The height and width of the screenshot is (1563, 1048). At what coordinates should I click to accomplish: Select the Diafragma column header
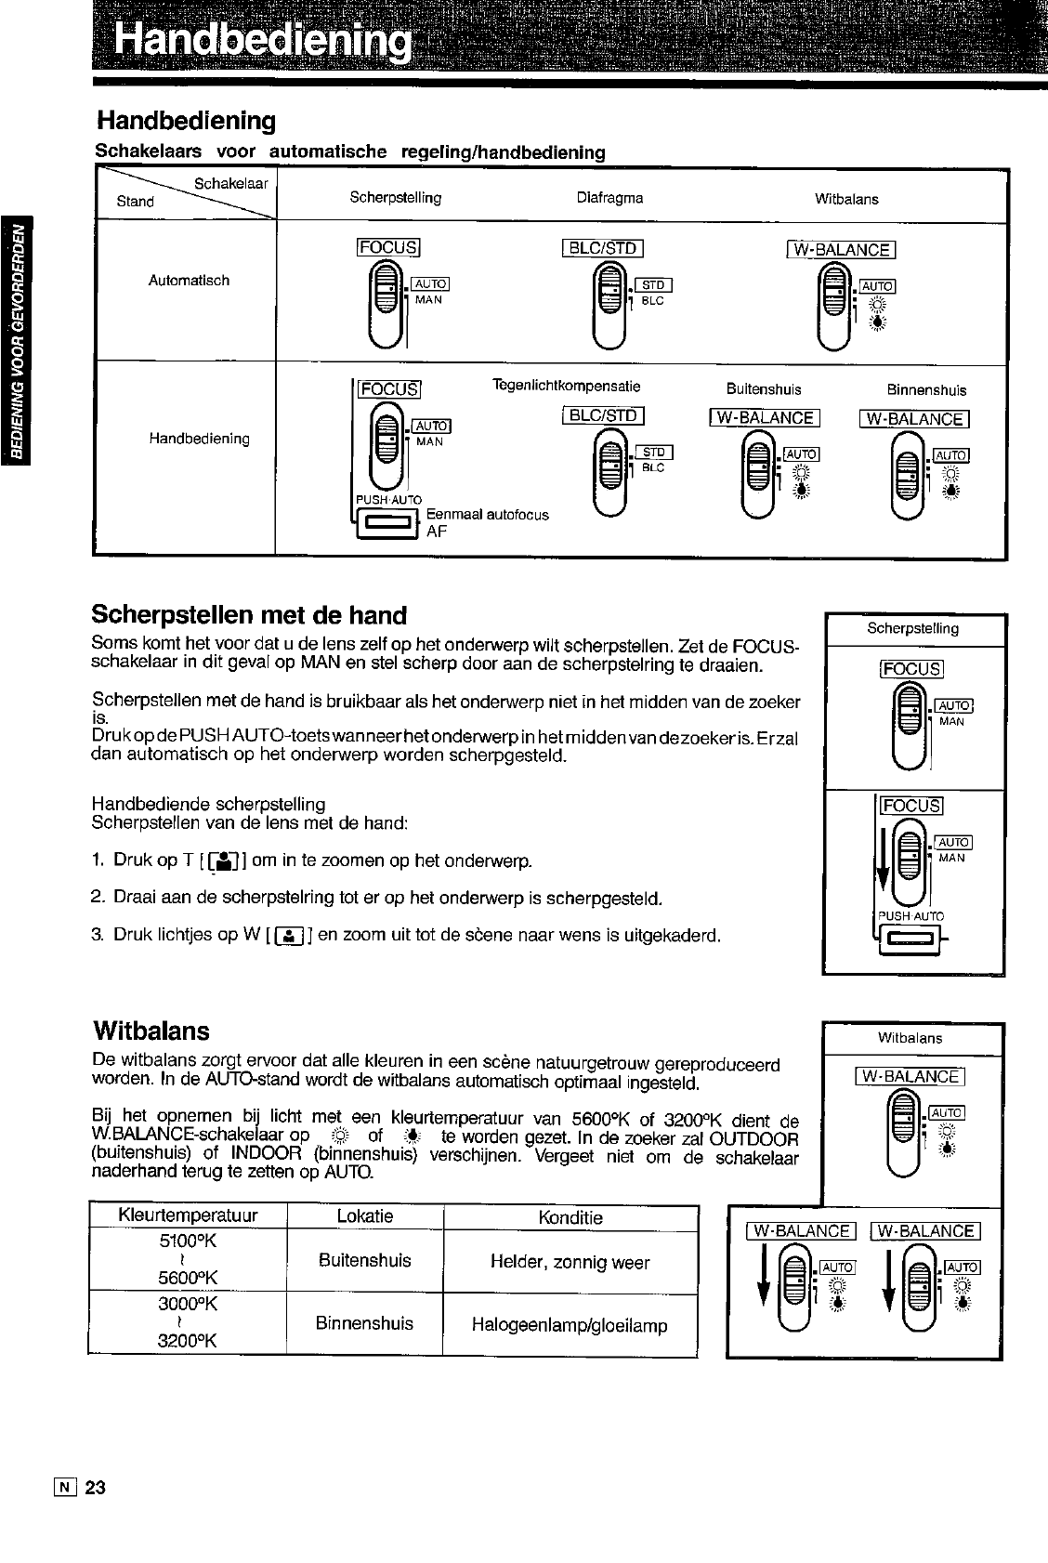[x=609, y=197]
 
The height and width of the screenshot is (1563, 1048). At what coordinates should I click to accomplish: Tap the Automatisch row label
[x=189, y=280]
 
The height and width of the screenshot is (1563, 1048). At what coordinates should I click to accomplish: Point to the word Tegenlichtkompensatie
[x=566, y=386]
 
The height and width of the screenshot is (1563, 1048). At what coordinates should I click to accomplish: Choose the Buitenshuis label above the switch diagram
[x=764, y=389]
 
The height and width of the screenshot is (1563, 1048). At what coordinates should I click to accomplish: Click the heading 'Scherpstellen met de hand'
[x=249, y=615]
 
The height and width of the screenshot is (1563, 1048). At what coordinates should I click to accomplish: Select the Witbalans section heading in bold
[x=151, y=1031]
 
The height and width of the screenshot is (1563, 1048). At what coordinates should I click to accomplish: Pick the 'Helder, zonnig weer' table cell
[x=570, y=1262]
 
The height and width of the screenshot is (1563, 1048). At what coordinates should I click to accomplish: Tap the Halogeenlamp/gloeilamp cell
[x=570, y=1325]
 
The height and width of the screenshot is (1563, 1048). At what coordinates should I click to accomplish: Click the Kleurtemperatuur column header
[x=188, y=1216]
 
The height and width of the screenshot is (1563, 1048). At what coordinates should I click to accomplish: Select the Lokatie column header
[x=365, y=1216]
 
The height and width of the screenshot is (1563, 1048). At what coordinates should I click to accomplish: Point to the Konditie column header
[x=570, y=1217]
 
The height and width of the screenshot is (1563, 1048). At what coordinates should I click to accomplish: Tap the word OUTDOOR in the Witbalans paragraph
[x=753, y=1139]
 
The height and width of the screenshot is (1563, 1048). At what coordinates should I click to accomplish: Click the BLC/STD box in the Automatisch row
[x=603, y=248]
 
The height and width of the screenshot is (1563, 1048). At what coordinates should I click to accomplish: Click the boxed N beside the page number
[x=65, y=1488]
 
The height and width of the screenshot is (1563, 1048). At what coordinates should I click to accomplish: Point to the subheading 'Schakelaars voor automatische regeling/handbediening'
[x=351, y=151]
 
